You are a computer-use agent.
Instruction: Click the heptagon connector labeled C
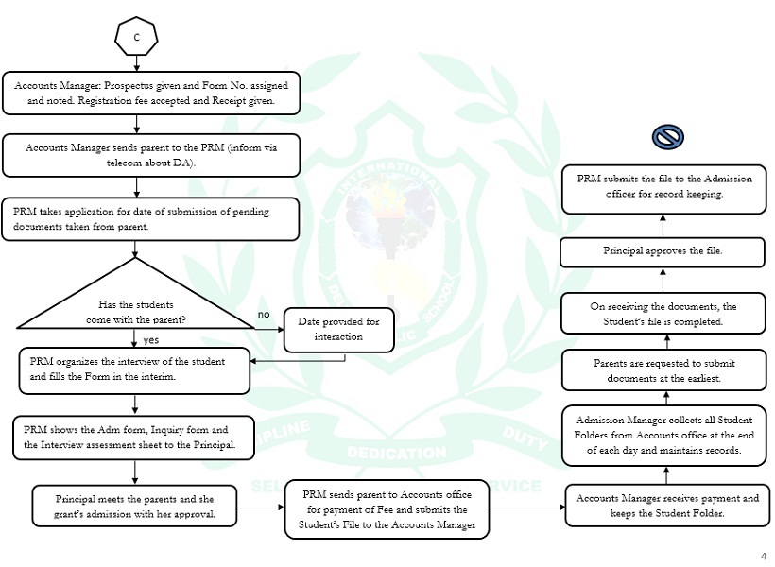click(x=136, y=37)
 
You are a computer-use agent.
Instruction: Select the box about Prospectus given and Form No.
click(x=151, y=93)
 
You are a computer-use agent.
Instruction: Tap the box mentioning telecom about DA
click(x=151, y=155)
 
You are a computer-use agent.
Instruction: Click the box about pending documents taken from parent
click(x=151, y=219)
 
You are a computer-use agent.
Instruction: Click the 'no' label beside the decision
click(x=264, y=314)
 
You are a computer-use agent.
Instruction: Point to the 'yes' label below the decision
click(x=150, y=338)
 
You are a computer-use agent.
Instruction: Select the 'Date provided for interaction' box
click(x=338, y=329)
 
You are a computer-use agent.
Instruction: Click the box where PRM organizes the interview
click(x=135, y=369)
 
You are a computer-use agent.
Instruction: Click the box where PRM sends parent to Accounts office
click(x=387, y=510)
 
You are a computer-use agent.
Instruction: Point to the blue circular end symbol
click(x=667, y=138)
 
